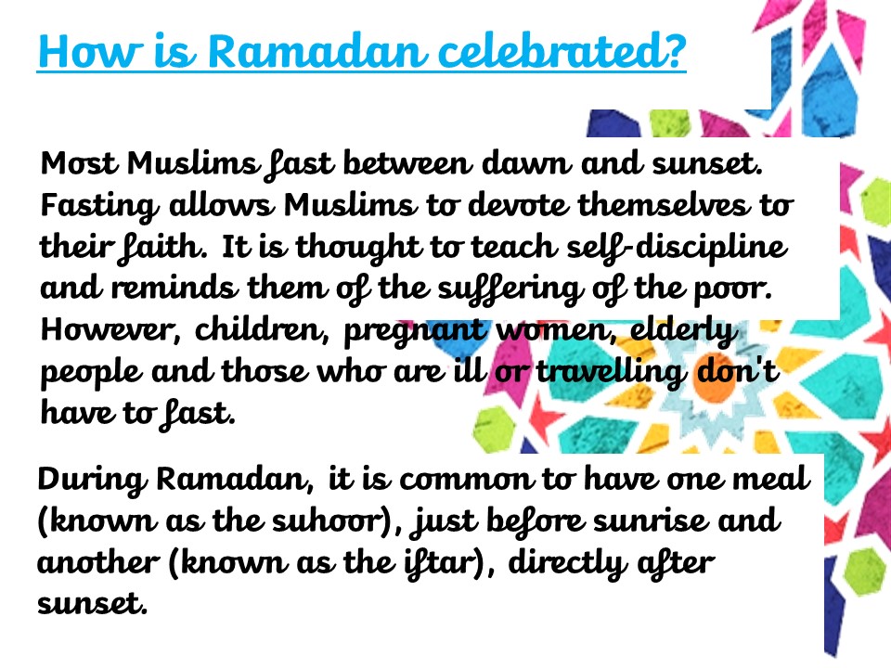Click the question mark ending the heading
(674, 52)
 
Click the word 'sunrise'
(649, 521)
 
